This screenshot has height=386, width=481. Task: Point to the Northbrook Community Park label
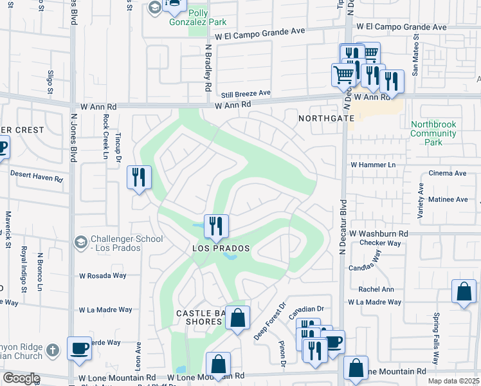(433, 133)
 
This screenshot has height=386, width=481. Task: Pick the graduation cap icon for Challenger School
(81, 242)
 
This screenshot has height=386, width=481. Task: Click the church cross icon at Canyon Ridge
(54, 351)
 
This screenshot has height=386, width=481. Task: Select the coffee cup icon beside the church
(80, 348)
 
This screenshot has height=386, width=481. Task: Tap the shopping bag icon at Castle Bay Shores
(237, 317)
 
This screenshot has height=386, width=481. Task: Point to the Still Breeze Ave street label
(246, 93)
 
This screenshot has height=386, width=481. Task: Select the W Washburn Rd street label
(379, 234)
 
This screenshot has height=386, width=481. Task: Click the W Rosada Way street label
(103, 275)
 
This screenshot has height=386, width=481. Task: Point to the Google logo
(21, 378)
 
